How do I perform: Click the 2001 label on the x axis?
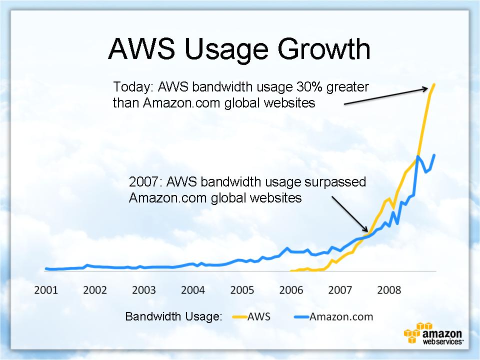tap(46, 290)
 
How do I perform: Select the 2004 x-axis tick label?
tap(193, 290)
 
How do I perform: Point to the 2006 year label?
tap(291, 290)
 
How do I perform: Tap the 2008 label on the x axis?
tap(389, 290)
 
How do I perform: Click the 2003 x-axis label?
tap(144, 290)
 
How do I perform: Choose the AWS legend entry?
tap(251, 316)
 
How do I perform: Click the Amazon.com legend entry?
tap(333, 316)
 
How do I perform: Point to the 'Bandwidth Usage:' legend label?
tap(173, 316)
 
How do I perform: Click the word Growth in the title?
tap(324, 49)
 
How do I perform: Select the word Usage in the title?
tap(226, 50)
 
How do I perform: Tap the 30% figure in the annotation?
tap(309, 87)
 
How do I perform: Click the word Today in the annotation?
tap(133, 87)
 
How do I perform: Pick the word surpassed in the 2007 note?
tap(335, 182)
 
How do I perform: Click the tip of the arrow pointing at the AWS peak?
tap(427, 88)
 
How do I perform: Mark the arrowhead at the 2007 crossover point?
tap(367, 231)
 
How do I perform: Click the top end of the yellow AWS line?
tap(434, 84)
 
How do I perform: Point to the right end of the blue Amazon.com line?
tap(434, 155)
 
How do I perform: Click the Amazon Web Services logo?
tap(433, 333)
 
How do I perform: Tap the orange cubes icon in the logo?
tap(415, 332)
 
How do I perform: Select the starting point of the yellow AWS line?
tap(290, 271)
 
